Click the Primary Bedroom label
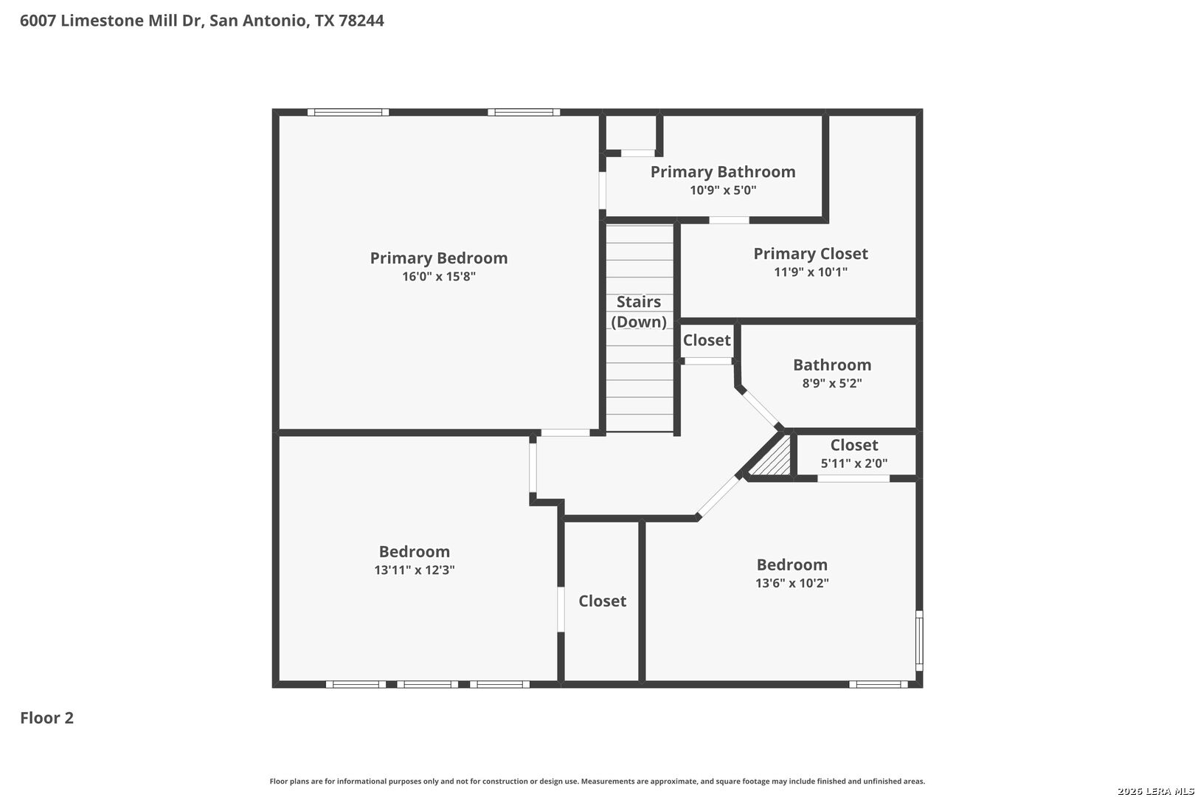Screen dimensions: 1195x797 tap(438, 258)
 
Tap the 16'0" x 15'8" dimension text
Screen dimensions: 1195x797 tap(438, 277)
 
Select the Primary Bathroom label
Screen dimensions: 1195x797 tap(723, 172)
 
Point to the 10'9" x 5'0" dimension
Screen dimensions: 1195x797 tap(723, 190)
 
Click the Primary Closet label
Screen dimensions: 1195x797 tap(811, 254)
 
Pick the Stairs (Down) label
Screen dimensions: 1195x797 tap(639, 311)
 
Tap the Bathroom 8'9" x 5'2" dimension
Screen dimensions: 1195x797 tap(832, 383)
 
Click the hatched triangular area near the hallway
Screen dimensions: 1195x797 tap(773, 459)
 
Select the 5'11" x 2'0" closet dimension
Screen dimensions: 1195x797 tap(854, 463)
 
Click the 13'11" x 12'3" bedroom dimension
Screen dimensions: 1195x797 tap(414, 570)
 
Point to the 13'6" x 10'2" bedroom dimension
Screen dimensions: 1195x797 tap(792, 583)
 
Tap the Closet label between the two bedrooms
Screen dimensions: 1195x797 tap(603, 601)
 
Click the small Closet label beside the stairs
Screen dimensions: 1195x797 tap(707, 340)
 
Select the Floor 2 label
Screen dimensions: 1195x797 tap(47, 717)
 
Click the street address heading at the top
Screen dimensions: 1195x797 tap(202, 20)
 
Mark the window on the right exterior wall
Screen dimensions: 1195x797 tap(919, 641)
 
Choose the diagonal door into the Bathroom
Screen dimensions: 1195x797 tap(761, 409)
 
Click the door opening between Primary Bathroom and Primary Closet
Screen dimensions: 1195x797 tap(730, 220)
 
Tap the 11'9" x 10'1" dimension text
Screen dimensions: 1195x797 tap(811, 272)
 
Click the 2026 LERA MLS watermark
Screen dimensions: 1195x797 tap(1155, 791)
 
